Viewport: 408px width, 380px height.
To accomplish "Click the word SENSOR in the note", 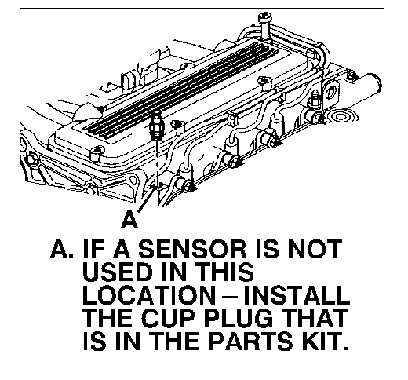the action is tap(192, 249).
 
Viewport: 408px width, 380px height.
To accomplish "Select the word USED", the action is tap(118, 272).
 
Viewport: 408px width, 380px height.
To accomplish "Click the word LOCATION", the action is tap(149, 295).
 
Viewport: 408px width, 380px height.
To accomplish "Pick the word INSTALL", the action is tap(297, 295).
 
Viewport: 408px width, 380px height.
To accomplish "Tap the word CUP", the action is tap(168, 318).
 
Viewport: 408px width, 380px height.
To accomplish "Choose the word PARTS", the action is tap(250, 341).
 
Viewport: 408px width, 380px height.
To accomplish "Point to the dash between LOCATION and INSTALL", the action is tap(229, 297).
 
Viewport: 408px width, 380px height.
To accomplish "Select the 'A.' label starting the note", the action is tap(62, 249).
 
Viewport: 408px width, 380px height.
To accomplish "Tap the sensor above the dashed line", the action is tap(155, 125).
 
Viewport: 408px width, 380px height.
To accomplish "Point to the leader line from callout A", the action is tap(146, 199).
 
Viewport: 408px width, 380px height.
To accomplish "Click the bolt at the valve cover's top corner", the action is tap(265, 25).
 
